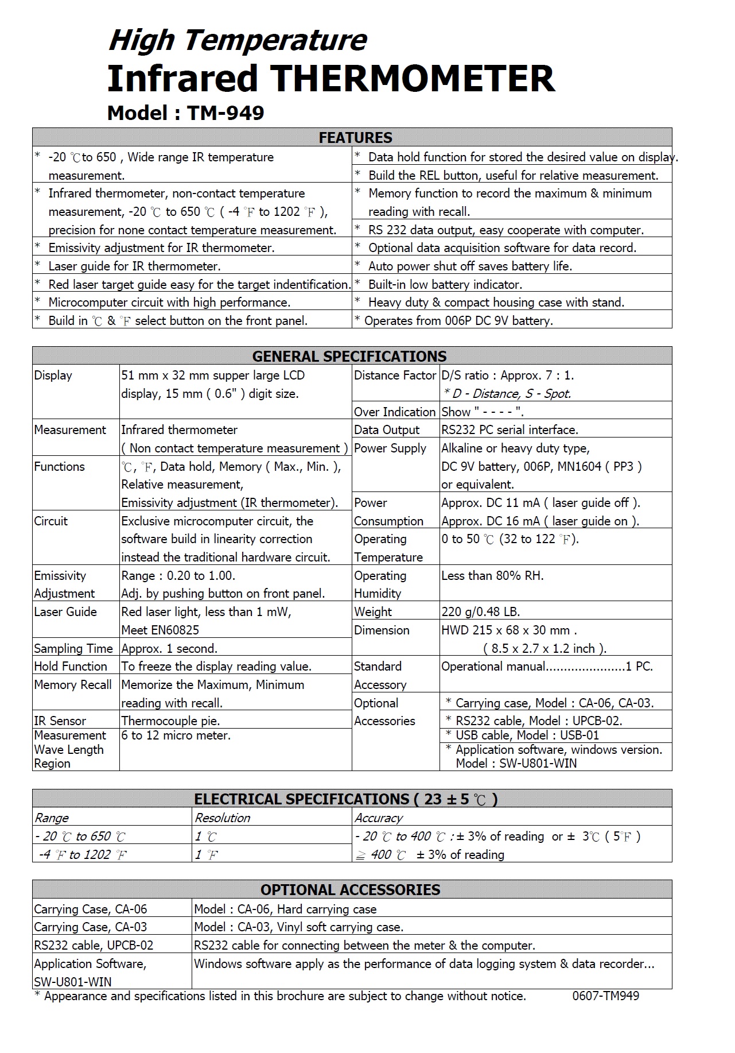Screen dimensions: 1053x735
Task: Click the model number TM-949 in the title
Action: click(225, 113)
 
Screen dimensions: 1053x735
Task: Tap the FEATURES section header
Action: click(355, 138)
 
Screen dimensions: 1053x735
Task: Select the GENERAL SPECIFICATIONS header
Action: click(349, 356)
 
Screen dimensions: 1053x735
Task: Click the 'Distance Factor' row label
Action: click(395, 375)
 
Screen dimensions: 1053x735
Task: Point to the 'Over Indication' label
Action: click(395, 412)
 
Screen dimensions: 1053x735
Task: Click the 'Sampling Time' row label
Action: click(73, 648)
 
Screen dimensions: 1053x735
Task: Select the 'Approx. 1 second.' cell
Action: click(169, 648)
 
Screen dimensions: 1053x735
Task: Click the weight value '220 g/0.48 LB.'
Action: click(480, 611)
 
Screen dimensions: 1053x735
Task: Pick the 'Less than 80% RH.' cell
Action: click(492, 575)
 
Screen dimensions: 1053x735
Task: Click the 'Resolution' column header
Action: click(222, 818)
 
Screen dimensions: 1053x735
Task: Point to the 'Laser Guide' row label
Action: click(65, 611)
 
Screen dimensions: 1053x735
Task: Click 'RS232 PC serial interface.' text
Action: click(510, 429)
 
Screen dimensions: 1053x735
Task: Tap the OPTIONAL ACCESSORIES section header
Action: click(350, 889)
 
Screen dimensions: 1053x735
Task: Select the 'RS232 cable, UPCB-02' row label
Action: click(94, 945)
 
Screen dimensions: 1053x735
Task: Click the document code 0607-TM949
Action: click(605, 996)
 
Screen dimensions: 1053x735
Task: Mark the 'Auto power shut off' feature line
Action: click(470, 266)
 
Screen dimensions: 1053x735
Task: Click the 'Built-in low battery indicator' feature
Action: click(445, 284)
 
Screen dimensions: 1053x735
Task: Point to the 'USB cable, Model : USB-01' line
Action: click(527, 735)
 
